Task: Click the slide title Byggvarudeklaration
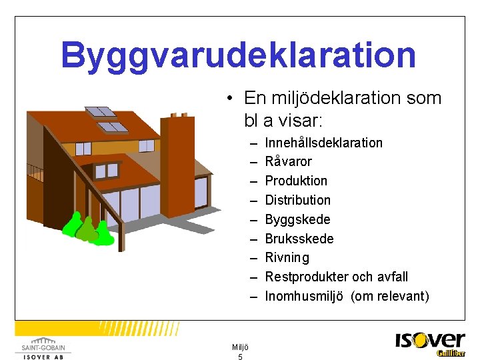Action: pos(238,55)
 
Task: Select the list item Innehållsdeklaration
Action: pos(323,143)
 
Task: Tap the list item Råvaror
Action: pos(288,162)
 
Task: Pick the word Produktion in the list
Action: pos(296,181)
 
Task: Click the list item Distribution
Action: pos(297,200)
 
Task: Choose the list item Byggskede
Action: pos(297,219)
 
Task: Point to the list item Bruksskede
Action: pos(299,239)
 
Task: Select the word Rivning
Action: pos(287,257)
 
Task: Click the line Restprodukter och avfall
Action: pos(336,277)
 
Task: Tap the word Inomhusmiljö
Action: pos(303,296)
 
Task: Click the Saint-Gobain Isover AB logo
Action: pos(43,347)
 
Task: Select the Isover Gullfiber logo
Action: pos(430,344)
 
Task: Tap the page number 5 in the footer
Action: pos(240,357)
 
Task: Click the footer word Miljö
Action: pos(240,347)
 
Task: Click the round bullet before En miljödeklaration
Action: pos(229,99)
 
